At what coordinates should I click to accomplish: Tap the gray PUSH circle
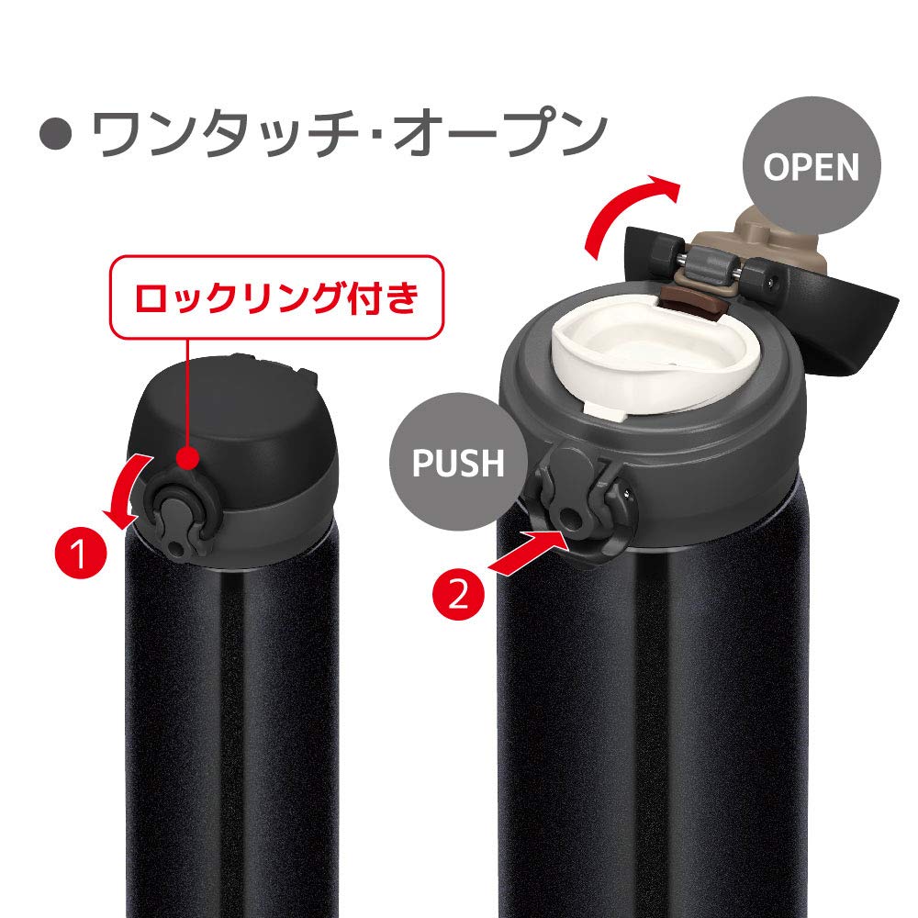pyautogui.click(x=458, y=462)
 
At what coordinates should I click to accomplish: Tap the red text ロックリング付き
pyautogui.click(x=276, y=298)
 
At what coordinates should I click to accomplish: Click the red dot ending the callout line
pyautogui.click(x=190, y=455)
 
